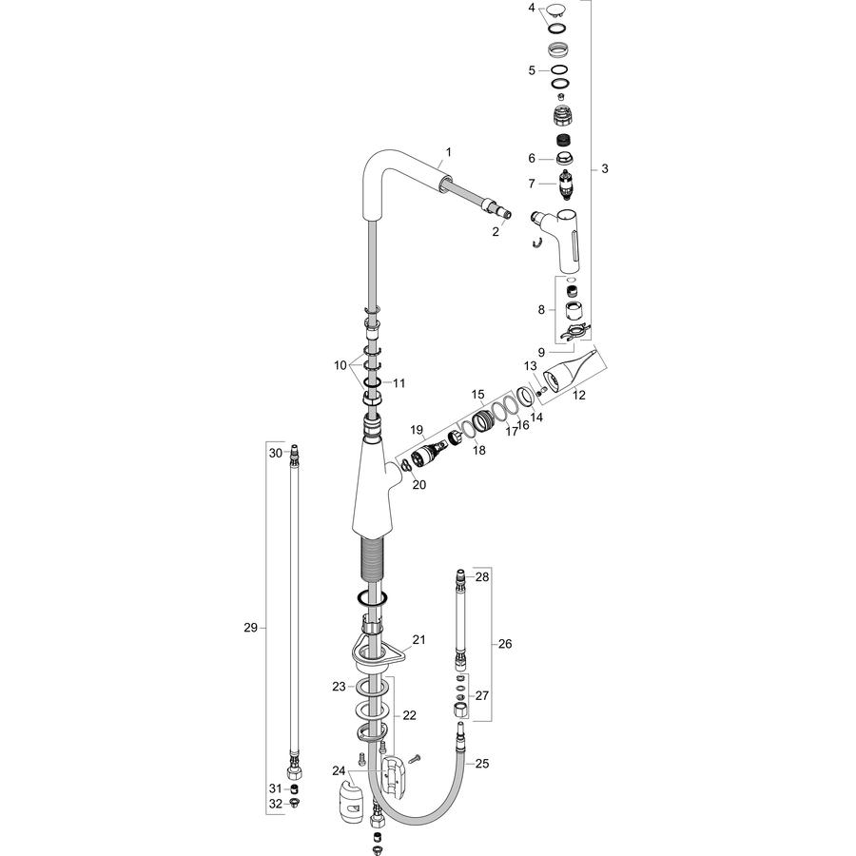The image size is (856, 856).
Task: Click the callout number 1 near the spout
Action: coord(449,152)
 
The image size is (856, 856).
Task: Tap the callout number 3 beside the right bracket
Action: coord(604,168)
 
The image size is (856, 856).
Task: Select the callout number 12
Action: coord(578,395)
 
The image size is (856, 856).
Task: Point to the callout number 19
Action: coord(417,430)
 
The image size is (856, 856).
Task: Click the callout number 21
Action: coord(418,639)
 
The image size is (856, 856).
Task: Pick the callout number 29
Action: coord(250,628)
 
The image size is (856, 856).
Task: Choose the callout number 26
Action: coord(505,644)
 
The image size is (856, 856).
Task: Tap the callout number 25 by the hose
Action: coord(482,763)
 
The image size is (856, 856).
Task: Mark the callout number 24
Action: coord(339,770)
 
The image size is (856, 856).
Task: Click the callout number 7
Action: coord(532,184)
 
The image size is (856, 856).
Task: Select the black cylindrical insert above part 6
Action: coord(561,141)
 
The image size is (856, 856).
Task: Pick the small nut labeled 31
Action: coord(294,788)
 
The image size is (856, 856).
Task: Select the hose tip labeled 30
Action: coord(294,453)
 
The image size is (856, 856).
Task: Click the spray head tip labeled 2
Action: coord(505,214)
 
